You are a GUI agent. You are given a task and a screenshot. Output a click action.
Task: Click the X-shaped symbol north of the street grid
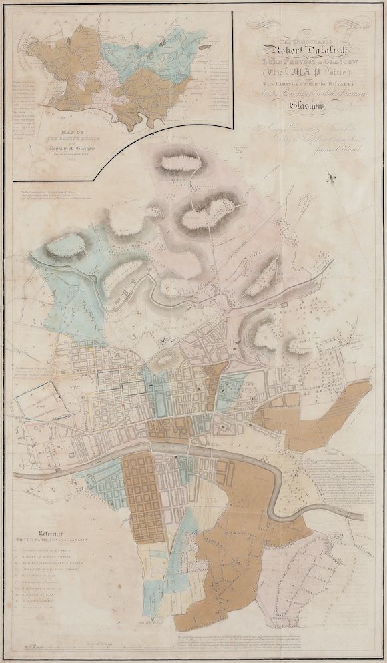click(162, 340)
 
